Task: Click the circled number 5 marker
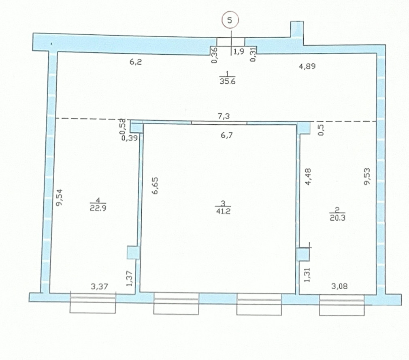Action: point(230,20)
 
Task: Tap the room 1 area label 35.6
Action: point(228,81)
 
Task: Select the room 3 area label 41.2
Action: point(223,211)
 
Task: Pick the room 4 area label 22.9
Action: point(98,208)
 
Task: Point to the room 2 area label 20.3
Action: point(338,217)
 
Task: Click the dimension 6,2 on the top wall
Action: point(136,62)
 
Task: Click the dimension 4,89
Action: point(307,66)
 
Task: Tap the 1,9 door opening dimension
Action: point(239,51)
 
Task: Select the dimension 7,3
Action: point(224,116)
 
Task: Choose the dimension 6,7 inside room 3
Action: point(226,135)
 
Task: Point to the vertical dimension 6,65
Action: point(155,186)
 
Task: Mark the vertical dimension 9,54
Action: point(60,197)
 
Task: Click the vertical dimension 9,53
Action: point(367,176)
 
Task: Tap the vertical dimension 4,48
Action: point(308,177)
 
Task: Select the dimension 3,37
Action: point(99,287)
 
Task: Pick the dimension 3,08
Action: point(339,286)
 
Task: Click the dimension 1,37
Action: point(129,278)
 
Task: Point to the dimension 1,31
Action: point(307,275)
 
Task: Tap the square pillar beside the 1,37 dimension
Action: point(133,253)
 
